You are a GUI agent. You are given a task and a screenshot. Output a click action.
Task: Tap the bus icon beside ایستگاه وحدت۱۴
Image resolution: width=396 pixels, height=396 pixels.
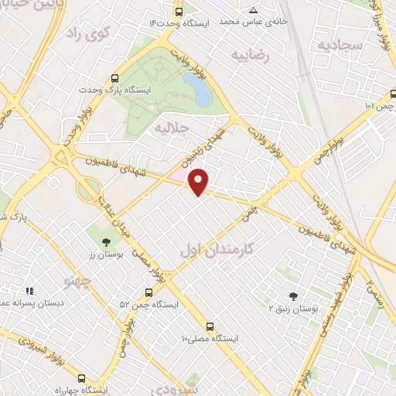click(179, 12)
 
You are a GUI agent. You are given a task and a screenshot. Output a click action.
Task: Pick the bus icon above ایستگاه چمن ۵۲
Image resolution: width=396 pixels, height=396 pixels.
click(148, 292)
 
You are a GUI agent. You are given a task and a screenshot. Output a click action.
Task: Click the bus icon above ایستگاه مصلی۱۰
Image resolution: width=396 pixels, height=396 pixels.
click(211, 326)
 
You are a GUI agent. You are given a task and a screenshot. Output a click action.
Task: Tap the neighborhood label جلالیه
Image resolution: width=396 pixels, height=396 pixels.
click(169, 126)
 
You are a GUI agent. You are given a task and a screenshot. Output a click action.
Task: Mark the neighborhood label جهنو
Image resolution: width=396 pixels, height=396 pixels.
click(81, 277)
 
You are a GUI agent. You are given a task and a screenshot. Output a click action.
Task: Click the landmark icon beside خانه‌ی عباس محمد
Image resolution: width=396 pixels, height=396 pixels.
click(254, 10)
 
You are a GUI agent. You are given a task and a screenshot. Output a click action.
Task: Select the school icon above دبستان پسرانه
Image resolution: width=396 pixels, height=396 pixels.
click(29, 291)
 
